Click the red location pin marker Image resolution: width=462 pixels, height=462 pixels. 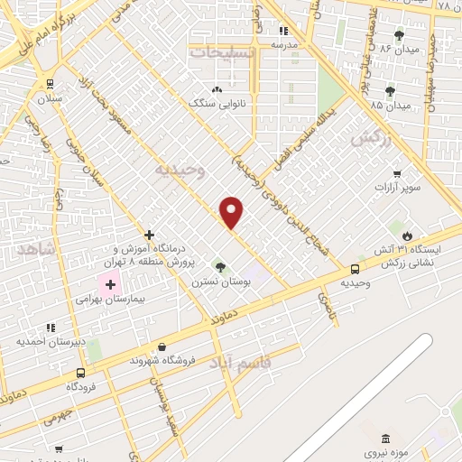click(x=232, y=212)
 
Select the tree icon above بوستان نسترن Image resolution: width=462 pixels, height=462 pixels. click(x=220, y=267)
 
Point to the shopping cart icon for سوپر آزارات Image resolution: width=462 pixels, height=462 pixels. click(x=396, y=173)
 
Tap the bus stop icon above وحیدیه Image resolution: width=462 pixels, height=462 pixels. click(x=355, y=269)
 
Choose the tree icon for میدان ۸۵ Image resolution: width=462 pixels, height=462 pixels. click(x=390, y=91)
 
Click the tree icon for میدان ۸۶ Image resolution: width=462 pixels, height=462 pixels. click(x=399, y=34)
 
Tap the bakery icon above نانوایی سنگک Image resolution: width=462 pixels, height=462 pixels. click(x=217, y=90)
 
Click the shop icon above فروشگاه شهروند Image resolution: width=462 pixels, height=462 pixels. click(x=162, y=347)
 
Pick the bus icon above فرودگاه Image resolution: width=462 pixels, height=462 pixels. click(x=81, y=373)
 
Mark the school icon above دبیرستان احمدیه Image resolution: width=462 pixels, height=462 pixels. click(x=51, y=328)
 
